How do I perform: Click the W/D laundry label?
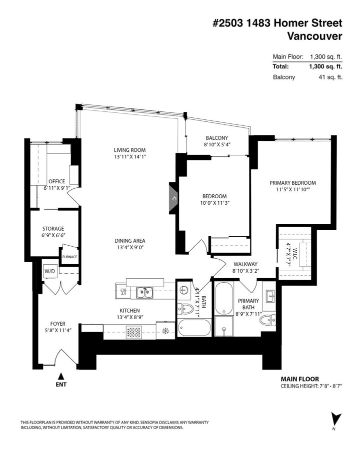49,271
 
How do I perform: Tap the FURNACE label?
69,257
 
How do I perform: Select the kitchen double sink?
145,292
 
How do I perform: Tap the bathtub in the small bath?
194,329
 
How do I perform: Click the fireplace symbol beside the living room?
174,199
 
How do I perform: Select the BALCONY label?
216,138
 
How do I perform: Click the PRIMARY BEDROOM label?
292,183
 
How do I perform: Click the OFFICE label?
57,181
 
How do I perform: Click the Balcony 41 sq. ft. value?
332,77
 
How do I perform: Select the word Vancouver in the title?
315,36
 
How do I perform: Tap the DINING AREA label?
129,241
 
